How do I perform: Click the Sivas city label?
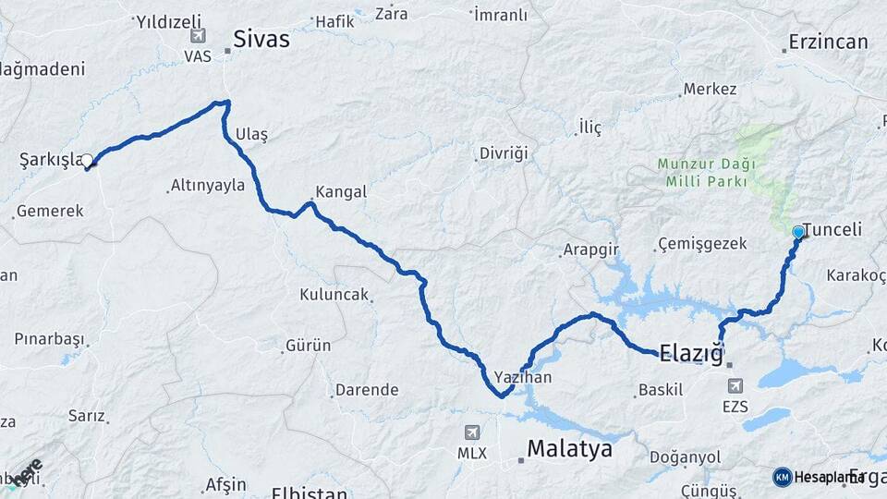261,40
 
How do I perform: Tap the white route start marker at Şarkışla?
88,161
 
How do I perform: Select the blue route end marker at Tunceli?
798,232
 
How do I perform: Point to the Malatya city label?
569,449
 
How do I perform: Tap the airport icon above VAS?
198,36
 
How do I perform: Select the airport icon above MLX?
472,432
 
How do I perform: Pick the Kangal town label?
341,192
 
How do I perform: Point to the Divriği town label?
504,153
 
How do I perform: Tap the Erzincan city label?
828,42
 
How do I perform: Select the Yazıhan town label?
523,377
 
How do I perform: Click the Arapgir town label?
591,250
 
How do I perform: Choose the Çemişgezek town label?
700,245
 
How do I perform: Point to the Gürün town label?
309,346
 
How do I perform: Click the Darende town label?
367,390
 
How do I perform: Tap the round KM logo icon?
782,477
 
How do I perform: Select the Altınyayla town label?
208,186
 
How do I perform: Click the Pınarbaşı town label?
49,338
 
